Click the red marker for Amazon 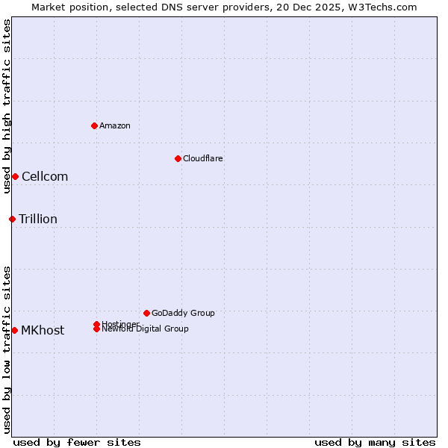[94, 125]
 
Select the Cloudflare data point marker [178, 158]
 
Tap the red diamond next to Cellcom [15, 176]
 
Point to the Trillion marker [12, 219]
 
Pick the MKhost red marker [15, 330]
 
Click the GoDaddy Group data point [146, 313]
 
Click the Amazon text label [115, 125]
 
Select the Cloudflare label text [203, 158]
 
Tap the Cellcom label [45, 176]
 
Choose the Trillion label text [38, 219]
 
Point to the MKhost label [43, 330]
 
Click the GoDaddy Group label [183, 313]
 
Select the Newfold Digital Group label [146, 329]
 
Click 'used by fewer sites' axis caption [77, 442]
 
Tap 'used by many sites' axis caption [375, 442]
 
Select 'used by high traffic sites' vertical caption [7, 106]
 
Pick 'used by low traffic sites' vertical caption [7, 349]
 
